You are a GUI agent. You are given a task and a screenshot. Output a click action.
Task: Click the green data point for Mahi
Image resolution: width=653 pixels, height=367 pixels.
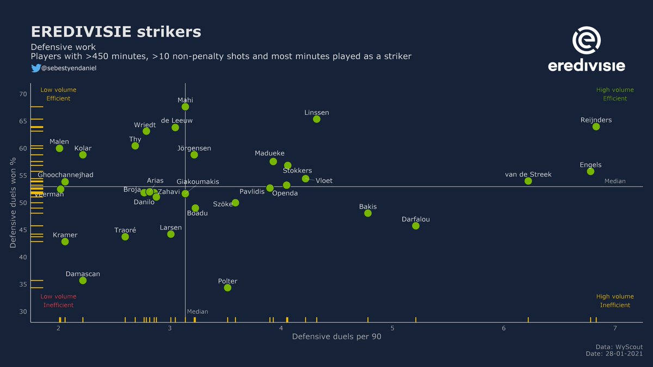185,107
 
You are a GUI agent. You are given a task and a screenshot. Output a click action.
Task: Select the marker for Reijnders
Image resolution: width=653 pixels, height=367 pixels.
596,127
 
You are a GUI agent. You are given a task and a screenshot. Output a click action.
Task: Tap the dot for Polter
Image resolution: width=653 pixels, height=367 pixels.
227,288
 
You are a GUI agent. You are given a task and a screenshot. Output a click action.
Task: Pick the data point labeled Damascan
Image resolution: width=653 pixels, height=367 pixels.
83,281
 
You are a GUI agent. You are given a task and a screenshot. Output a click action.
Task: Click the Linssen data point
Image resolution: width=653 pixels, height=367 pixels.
317,119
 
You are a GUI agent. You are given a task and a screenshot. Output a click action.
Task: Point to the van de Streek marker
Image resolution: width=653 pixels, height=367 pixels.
528,181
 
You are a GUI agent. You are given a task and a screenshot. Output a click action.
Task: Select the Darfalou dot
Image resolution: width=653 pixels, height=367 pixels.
416,226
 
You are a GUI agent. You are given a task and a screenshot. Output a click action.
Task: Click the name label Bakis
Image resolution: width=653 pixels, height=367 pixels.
368,207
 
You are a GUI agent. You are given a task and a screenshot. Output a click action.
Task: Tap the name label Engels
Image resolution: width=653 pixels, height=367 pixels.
590,165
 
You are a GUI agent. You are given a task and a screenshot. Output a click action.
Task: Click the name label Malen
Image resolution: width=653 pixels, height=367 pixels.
59,142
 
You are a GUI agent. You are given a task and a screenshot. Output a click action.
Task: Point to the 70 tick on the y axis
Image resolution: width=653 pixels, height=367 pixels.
22,94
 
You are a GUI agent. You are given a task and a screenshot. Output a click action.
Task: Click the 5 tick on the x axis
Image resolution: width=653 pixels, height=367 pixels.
392,328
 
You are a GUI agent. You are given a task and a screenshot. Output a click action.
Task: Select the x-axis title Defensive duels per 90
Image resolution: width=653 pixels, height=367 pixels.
336,337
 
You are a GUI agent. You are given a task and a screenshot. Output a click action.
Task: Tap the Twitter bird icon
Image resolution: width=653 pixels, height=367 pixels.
35,68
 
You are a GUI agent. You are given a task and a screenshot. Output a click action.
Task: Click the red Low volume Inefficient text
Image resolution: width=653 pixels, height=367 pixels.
58,301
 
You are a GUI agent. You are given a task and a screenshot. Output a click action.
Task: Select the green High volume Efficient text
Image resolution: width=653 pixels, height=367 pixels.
615,94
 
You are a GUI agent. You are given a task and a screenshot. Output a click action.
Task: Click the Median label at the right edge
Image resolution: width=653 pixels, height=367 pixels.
615,181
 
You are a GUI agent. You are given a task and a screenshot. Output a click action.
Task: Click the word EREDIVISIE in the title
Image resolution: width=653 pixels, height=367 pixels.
81,32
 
